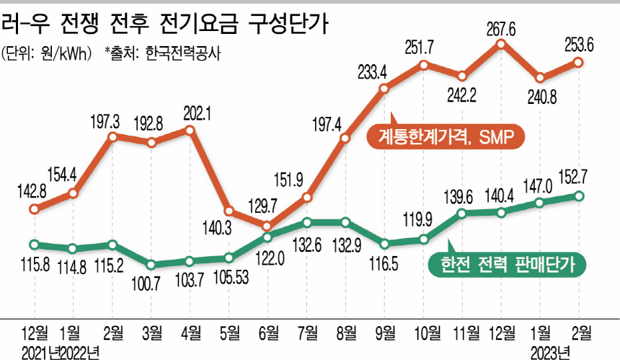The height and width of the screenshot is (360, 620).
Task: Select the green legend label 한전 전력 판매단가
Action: pyautogui.click(x=507, y=265)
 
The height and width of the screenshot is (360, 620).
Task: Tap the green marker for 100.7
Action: pyautogui.click(x=151, y=263)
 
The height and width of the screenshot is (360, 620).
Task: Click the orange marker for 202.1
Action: pyautogui.click(x=190, y=131)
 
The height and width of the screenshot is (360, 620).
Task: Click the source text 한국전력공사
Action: pyautogui.click(x=183, y=53)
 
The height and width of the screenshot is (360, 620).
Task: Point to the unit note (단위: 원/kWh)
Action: pyautogui.click(x=46, y=53)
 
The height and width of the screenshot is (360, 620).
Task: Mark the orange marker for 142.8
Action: pyautogui.click(x=34, y=210)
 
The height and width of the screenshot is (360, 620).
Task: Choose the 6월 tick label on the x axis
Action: pyautogui.click(x=267, y=333)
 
